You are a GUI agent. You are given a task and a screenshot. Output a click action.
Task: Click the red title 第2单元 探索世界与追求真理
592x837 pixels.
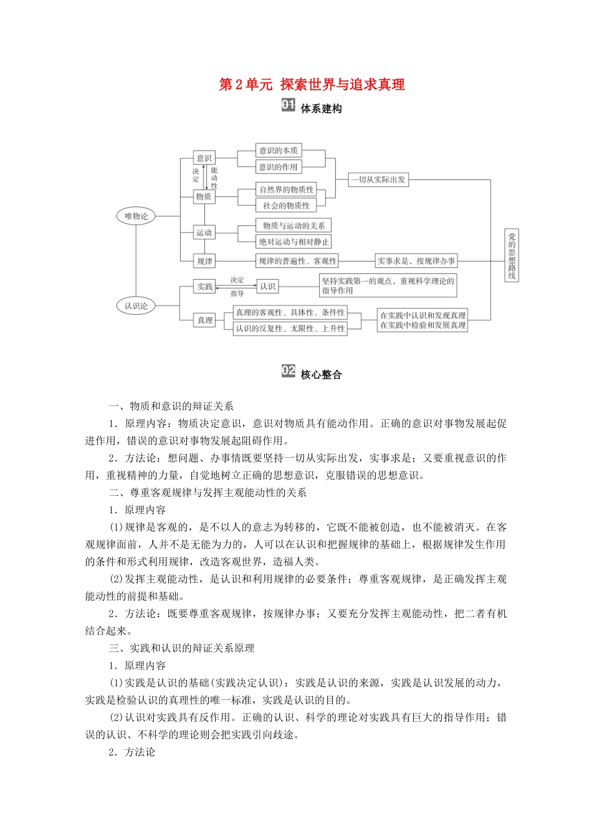(x=312, y=85)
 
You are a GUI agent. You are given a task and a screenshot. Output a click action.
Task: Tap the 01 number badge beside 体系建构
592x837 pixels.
(x=288, y=105)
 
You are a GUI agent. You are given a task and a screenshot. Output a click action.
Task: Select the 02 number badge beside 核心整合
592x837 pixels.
(x=288, y=371)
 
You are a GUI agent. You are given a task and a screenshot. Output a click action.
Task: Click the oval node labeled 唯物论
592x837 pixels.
(x=136, y=216)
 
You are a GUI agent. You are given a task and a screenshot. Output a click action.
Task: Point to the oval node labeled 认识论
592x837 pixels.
(x=136, y=306)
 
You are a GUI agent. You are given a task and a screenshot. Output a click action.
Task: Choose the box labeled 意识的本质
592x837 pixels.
(x=279, y=150)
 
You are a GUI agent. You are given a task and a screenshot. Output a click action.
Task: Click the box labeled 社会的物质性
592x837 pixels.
(x=286, y=206)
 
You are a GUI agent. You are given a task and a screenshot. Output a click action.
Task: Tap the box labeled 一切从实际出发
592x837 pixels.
(x=378, y=179)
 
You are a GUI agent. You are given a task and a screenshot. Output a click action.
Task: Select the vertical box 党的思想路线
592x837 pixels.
(x=512, y=255)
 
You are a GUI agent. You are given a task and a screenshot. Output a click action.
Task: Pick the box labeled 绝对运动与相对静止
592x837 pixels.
(x=294, y=242)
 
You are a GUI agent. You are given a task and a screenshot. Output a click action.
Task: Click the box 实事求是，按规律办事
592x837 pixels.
(x=416, y=261)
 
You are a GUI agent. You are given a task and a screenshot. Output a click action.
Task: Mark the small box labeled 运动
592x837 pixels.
(x=204, y=233)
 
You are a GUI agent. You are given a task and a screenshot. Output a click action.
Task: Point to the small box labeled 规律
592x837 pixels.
(x=204, y=261)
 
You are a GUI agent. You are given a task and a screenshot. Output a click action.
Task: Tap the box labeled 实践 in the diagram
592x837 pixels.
(x=205, y=286)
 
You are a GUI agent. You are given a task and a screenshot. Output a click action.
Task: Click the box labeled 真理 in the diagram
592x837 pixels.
(x=205, y=320)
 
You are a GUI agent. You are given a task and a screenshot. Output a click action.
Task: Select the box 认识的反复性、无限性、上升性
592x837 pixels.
(x=290, y=328)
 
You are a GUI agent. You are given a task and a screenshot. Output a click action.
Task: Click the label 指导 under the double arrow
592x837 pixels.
(x=237, y=293)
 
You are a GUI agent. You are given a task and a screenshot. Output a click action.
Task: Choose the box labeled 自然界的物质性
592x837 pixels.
(x=287, y=189)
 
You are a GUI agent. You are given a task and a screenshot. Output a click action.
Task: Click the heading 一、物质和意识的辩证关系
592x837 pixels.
(x=171, y=406)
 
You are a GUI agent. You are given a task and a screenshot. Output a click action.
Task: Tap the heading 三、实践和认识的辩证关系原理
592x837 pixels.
(x=181, y=648)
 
